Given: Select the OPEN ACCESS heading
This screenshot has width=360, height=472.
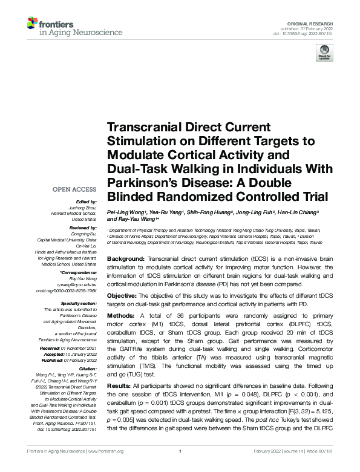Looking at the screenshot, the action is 75,189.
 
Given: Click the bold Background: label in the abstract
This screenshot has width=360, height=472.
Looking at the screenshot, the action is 126,258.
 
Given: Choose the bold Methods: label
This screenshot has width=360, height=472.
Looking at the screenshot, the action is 122,316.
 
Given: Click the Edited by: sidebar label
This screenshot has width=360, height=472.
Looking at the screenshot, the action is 87,201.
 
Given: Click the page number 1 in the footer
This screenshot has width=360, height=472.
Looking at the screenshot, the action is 180,468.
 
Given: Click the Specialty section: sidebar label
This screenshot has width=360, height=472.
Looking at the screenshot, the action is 79,303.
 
